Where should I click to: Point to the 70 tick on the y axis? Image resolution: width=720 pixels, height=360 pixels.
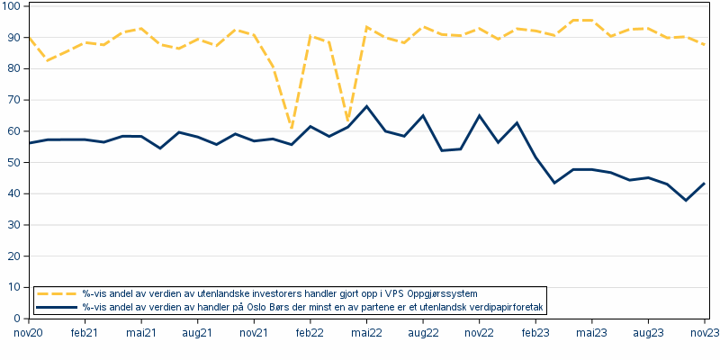15,100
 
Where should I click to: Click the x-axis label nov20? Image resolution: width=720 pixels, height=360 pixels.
30,333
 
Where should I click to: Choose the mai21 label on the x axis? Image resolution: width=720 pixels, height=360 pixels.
141,333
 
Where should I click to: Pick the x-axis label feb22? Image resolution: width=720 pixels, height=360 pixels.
310,333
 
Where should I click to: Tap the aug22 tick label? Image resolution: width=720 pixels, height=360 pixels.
422,333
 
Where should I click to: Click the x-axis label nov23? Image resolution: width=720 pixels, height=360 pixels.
704,333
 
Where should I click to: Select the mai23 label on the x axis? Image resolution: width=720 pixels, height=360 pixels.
591,333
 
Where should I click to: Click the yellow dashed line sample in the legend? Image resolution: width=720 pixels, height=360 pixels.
56,293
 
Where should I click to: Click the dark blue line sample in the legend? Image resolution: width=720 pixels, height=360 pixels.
56,307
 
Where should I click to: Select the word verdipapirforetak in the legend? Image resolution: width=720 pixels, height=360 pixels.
507,307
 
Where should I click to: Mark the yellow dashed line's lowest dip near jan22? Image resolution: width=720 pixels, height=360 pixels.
291,127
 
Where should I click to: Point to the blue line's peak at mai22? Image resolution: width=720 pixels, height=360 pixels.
366,106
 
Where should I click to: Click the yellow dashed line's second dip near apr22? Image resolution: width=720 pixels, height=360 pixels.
347,120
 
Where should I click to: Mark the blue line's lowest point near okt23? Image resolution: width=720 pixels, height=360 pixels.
686,200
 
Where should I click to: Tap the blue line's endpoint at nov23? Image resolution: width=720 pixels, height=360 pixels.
704,184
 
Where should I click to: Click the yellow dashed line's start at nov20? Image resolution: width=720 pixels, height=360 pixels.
30,37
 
